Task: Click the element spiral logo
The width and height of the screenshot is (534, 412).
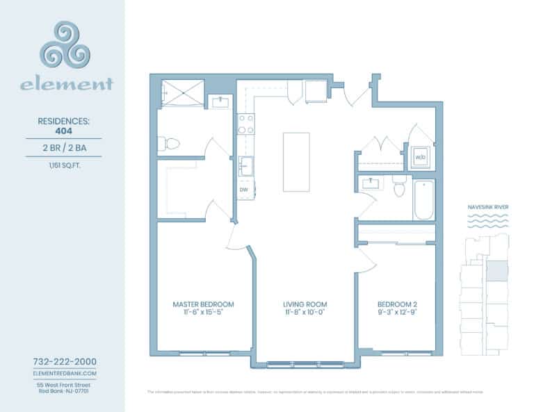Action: click(65, 44)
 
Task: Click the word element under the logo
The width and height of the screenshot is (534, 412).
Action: click(66, 85)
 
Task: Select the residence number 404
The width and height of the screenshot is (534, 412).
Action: click(63, 129)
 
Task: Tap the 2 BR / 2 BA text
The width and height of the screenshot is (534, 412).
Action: click(63, 147)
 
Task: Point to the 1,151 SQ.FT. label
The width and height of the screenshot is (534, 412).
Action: click(63, 165)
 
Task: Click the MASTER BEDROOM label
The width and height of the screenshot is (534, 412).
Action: click(203, 304)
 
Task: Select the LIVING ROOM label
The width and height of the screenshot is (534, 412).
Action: click(305, 304)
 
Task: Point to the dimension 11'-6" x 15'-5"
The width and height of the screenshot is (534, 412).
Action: click(203, 313)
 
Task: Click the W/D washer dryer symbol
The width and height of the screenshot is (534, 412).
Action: click(421, 158)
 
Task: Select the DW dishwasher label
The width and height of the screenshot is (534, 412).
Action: click(244, 189)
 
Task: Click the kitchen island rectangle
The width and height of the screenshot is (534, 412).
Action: click(296, 162)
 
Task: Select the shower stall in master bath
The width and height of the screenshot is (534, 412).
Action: click(183, 92)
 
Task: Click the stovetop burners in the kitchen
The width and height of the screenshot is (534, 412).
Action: click(245, 124)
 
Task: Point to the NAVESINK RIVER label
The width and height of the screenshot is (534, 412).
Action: click(486, 207)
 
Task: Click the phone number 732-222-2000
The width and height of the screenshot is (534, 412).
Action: click(65, 362)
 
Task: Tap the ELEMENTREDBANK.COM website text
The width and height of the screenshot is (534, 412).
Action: click(65, 374)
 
